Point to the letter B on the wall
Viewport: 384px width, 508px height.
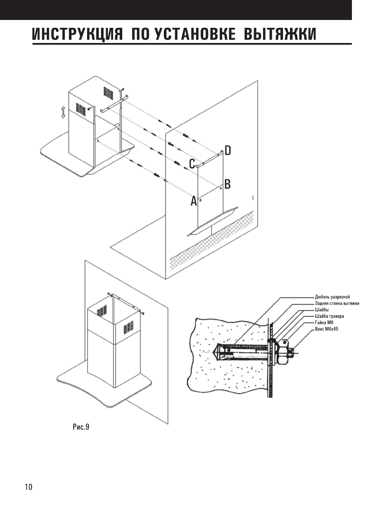click(x=227, y=184)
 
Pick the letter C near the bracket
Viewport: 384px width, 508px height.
click(x=192, y=164)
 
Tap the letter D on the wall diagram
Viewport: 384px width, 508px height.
click(x=228, y=151)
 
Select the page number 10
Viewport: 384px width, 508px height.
click(x=28, y=486)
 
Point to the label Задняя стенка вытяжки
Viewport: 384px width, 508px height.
click(x=337, y=303)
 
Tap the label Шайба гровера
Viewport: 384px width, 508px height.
click(x=329, y=317)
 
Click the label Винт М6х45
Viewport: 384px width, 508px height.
click(x=327, y=330)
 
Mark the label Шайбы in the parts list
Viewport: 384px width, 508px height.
click(x=322, y=310)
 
